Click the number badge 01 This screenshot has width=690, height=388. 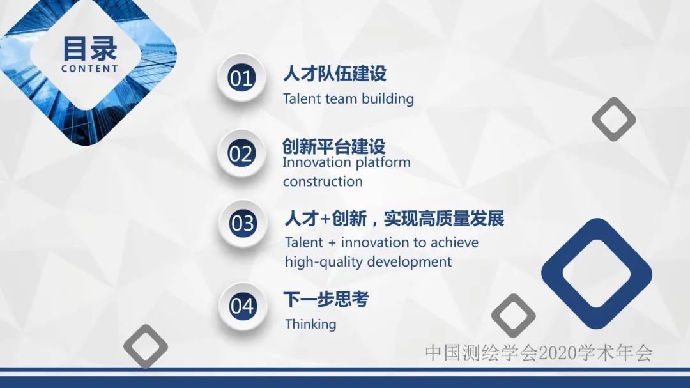(241, 78)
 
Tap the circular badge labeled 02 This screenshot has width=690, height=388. (241, 154)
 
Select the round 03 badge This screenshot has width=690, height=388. (242, 224)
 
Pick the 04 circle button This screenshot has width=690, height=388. (242, 306)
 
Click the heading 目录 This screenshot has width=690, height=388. (90, 49)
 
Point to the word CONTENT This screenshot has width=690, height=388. (90, 68)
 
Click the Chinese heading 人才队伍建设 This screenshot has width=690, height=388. (335, 74)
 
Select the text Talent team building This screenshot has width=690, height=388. (348, 99)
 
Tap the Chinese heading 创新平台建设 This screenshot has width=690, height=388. (333, 146)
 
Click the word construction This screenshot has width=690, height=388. (323, 182)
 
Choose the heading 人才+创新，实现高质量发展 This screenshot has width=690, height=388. (394, 219)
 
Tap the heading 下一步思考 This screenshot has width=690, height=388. (326, 299)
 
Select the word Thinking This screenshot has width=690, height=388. (310, 324)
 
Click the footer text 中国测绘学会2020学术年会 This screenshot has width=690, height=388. (539, 352)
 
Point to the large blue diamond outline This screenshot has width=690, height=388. (597, 274)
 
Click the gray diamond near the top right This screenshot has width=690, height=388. (613, 119)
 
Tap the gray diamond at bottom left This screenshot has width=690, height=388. (146, 346)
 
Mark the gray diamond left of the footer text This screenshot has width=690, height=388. (513, 315)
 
